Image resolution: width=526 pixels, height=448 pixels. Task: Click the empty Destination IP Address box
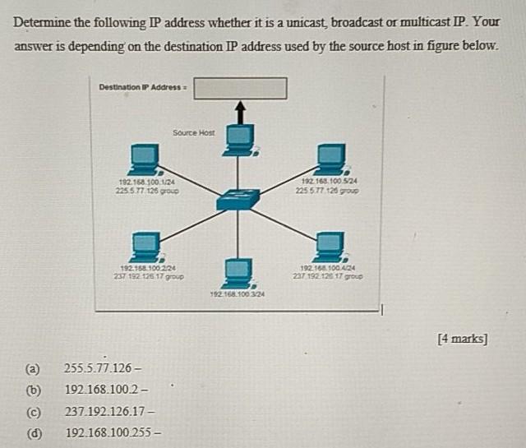pyautogui.click(x=240, y=87)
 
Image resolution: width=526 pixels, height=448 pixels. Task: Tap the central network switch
pyautogui.click(x=238, y=196)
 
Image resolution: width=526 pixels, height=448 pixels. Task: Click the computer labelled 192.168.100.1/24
pyautogui.click(x=145, y=158)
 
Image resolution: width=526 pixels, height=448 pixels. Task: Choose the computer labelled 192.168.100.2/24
pyautogui.click(x=146, y=245)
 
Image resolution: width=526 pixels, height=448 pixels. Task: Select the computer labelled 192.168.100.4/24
pyautogui.click(x=330, y=245)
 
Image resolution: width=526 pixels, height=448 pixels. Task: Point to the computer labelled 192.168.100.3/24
pyautogui.click(x=238, y=270)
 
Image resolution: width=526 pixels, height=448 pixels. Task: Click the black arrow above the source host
pyautogui.click(x=240, y=109)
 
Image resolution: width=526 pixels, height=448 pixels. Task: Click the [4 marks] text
pyautogui.click(x=463, y=338)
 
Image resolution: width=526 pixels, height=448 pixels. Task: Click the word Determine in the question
pyautogui.click(x=44, y=22)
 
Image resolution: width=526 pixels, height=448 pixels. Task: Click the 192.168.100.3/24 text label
pyautogui.click(x=238, y=293)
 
